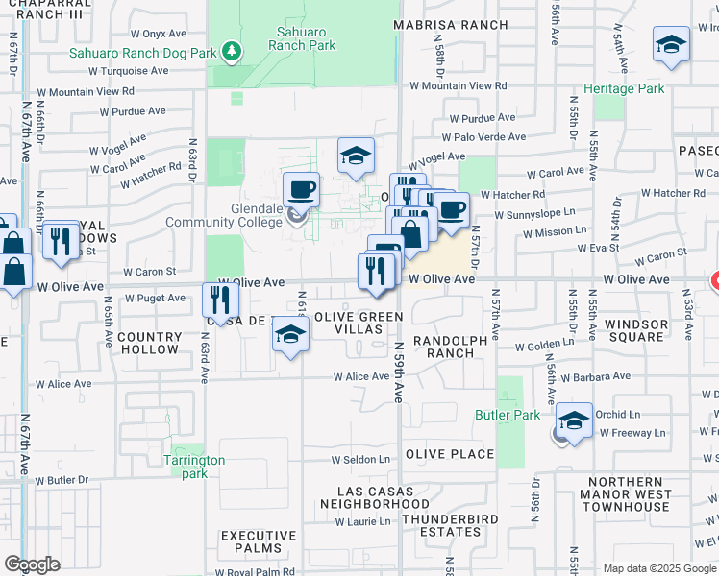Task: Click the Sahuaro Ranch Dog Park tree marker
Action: tap(231, 50)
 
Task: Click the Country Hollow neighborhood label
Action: tap(149, 343)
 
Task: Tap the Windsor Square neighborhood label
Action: tap(636, 330)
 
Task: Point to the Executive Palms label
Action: tap(259, 541)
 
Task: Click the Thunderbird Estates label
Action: tap(440, 525)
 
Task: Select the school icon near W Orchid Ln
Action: tap(575, 420)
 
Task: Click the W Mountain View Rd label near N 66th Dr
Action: tap(86, 92)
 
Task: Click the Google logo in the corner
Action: tap(33, 564)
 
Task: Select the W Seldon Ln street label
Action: tap(362, 460)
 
